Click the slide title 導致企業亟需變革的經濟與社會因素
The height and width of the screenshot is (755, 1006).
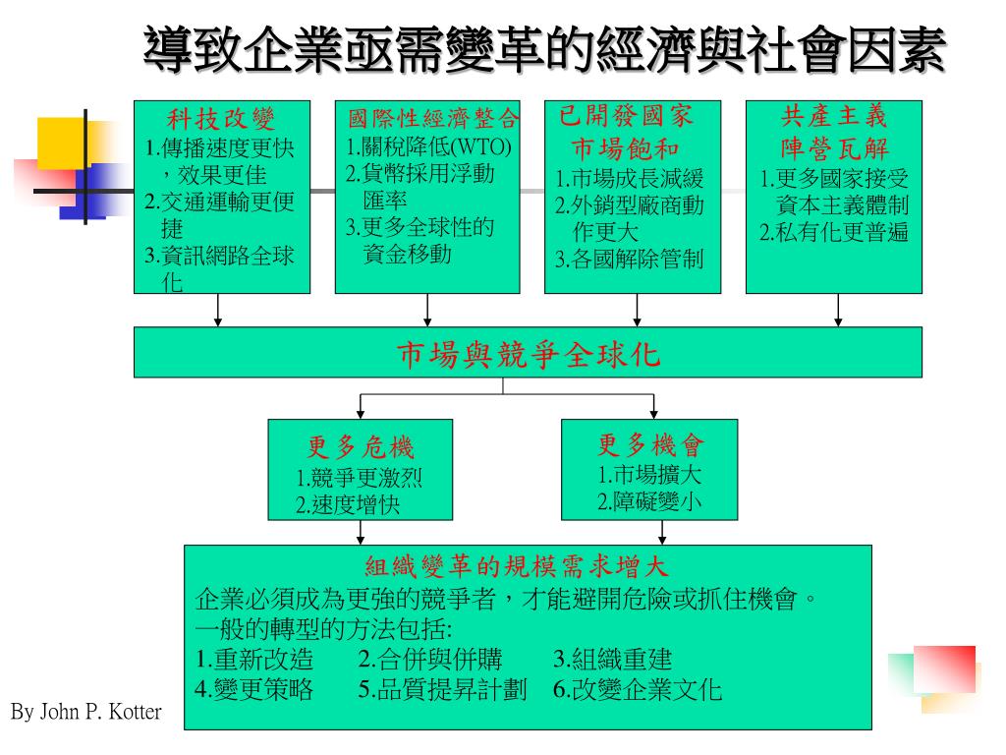click(x=543, y=49)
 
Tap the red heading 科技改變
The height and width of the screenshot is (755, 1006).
click(x=221, y=120)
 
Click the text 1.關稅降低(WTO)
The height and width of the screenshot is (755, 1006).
click(x=429, y=147)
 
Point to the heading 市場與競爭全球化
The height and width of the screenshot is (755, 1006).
click(x=528, y=354)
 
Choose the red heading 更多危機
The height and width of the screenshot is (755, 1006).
click(x=361, y=449)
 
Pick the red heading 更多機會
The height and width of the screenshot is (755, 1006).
click(x=651, y=445)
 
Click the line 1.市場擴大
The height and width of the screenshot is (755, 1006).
click(x=650, y=476)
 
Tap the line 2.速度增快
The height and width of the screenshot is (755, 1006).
click(x=348, y=506)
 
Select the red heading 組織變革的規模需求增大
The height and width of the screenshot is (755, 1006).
click(x=517, y=566)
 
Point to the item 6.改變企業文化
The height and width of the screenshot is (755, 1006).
click(x=637, y=689)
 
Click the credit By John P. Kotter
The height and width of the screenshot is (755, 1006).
click(x=85, y=712)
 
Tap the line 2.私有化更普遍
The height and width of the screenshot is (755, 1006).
click(x=834, y=233)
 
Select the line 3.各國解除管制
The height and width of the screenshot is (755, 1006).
click(x=629, y=261)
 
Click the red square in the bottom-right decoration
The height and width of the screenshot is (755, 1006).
click(x=944, y=668)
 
